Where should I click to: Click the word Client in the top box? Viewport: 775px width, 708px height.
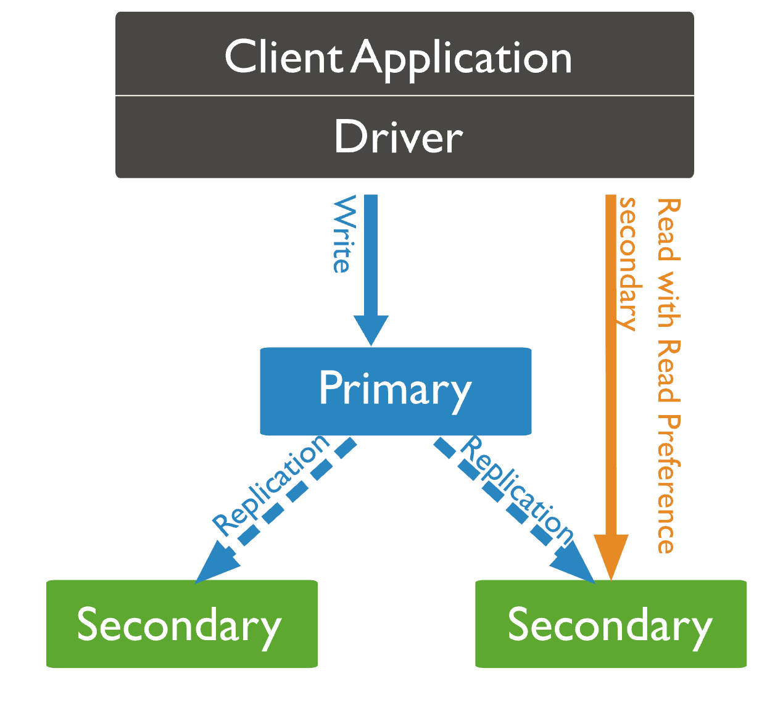[283, 57]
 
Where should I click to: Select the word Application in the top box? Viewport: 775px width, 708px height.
[463, 59]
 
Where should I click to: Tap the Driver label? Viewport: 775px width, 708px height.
[398, 137]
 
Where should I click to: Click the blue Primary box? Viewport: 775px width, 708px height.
[396, 391]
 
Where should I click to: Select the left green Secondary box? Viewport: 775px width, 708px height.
[181, 624]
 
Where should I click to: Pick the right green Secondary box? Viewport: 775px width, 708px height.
[610, 624]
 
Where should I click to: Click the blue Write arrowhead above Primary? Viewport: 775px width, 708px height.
[371, 329]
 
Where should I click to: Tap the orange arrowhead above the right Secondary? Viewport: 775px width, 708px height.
[611, 555]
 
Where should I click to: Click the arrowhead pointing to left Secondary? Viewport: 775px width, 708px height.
[213, 562]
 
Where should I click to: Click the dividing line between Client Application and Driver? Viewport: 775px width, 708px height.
[404, 96]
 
